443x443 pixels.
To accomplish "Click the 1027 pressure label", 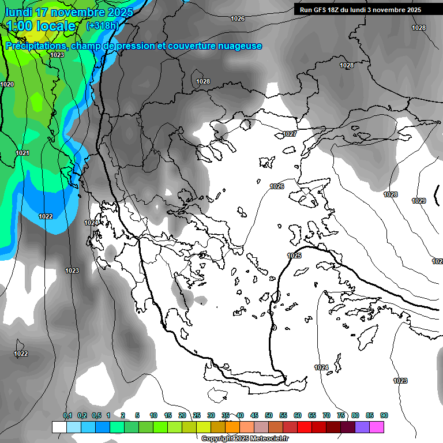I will tap(290, 134).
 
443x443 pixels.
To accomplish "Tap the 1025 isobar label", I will tap(294, 256).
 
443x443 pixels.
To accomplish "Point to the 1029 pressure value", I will tap(419, 201).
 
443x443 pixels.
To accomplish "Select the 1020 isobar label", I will tap(7, 84).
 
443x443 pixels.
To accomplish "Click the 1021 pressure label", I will tap(22, 153).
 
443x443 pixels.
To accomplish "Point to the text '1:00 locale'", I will tap(42, 26).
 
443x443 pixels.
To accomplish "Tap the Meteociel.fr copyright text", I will tap(245, 439).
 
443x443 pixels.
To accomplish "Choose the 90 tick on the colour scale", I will tap(384, 415).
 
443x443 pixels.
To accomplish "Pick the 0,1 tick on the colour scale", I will tap(67, 415).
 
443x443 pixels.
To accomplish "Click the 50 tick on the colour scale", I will tap(269, 415).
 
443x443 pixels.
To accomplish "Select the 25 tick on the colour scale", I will tap(197, 415).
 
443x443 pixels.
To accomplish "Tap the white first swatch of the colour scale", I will tap(59, 427).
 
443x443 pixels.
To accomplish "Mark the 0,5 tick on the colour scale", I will tap(96, 415).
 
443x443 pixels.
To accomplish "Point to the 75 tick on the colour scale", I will tap(341, 415).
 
